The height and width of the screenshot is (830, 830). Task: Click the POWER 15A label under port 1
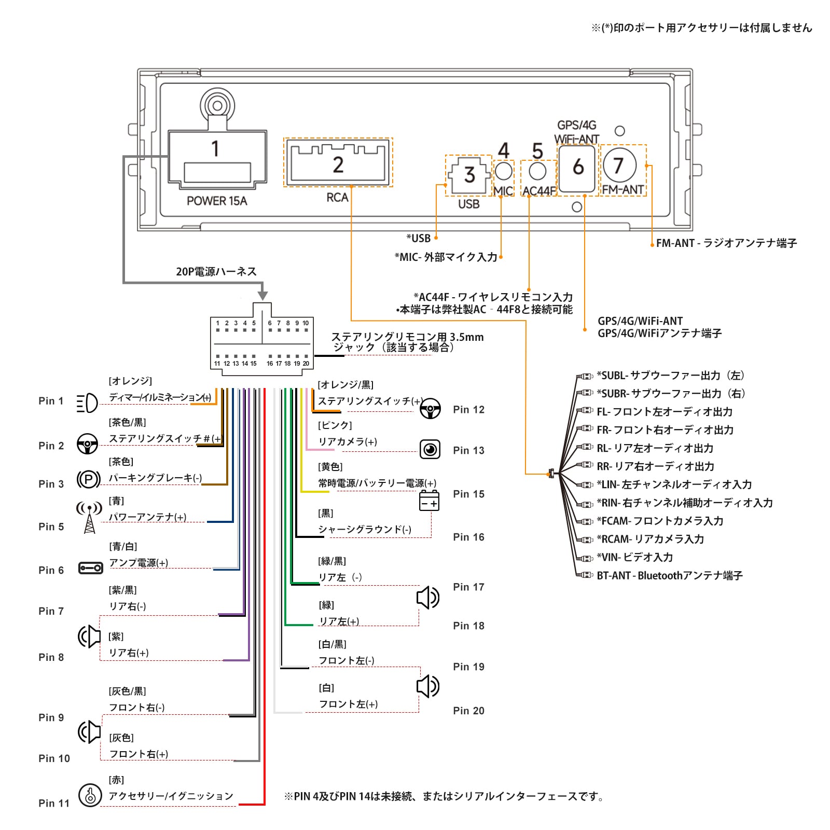217,201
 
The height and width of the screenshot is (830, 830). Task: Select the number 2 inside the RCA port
338,165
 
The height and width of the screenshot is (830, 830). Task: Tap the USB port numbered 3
469,175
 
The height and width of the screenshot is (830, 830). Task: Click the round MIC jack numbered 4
503,171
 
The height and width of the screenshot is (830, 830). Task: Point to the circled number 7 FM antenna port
619,165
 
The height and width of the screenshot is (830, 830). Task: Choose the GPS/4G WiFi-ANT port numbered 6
577,168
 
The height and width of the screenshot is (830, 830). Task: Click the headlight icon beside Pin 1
87,403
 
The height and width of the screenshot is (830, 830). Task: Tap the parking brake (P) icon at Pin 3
89,479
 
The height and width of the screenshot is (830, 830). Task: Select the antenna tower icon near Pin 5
90,517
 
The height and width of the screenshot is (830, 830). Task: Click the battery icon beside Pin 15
429,501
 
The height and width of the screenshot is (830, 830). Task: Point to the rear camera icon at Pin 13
430,449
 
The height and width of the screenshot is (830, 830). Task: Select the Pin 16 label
468,537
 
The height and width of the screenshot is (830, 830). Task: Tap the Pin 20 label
468,711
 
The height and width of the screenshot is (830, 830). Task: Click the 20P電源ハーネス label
216,271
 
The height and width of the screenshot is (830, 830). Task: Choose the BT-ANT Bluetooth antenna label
669,575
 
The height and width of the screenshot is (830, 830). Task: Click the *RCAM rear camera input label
650,539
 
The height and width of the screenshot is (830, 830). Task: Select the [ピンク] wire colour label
335,425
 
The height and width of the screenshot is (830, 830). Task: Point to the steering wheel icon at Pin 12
431,408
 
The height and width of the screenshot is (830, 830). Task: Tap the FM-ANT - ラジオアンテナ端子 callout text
726,243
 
